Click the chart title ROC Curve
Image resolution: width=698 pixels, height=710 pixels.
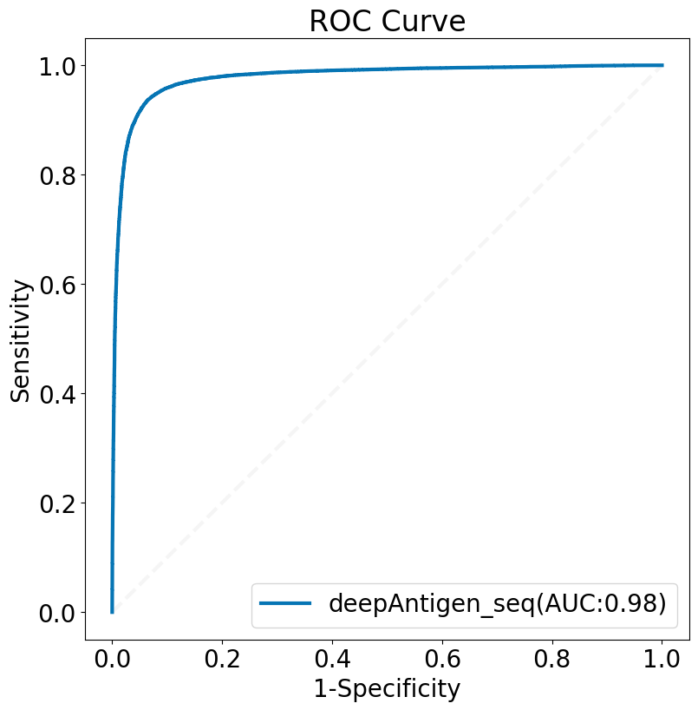click(388, 21)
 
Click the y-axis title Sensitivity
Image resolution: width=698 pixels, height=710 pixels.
click(20, 341)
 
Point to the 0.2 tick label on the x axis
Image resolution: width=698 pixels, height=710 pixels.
click(222, 659)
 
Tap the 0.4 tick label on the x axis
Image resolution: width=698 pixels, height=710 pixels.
click(332, 659)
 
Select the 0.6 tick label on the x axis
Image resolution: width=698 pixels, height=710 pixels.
click(442, 659)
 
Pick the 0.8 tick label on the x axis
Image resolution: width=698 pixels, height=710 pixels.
click(552, 659)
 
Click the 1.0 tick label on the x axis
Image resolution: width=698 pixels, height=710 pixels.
click(662, 659)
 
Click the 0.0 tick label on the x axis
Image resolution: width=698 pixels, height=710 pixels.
click(112, 659)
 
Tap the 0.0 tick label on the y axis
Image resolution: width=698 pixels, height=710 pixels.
click(57, 613)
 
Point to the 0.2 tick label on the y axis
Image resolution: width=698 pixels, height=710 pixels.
click(57, 503)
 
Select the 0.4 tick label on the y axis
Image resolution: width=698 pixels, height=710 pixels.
click(57, 394)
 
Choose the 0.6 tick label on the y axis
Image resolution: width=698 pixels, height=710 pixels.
click(57, 285)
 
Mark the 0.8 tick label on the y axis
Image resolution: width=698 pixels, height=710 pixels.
click(57, 175)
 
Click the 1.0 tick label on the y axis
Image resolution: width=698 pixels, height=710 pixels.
click(57, 66)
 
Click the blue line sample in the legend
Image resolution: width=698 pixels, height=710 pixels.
click(285, 602)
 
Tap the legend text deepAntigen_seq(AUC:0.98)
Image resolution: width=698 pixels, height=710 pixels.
click(498, 603)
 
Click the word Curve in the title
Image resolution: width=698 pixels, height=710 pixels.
click(423, 21)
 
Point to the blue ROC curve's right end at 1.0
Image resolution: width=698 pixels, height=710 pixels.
click(662, 65)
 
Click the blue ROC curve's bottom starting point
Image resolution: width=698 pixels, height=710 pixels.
click(112, 612)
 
